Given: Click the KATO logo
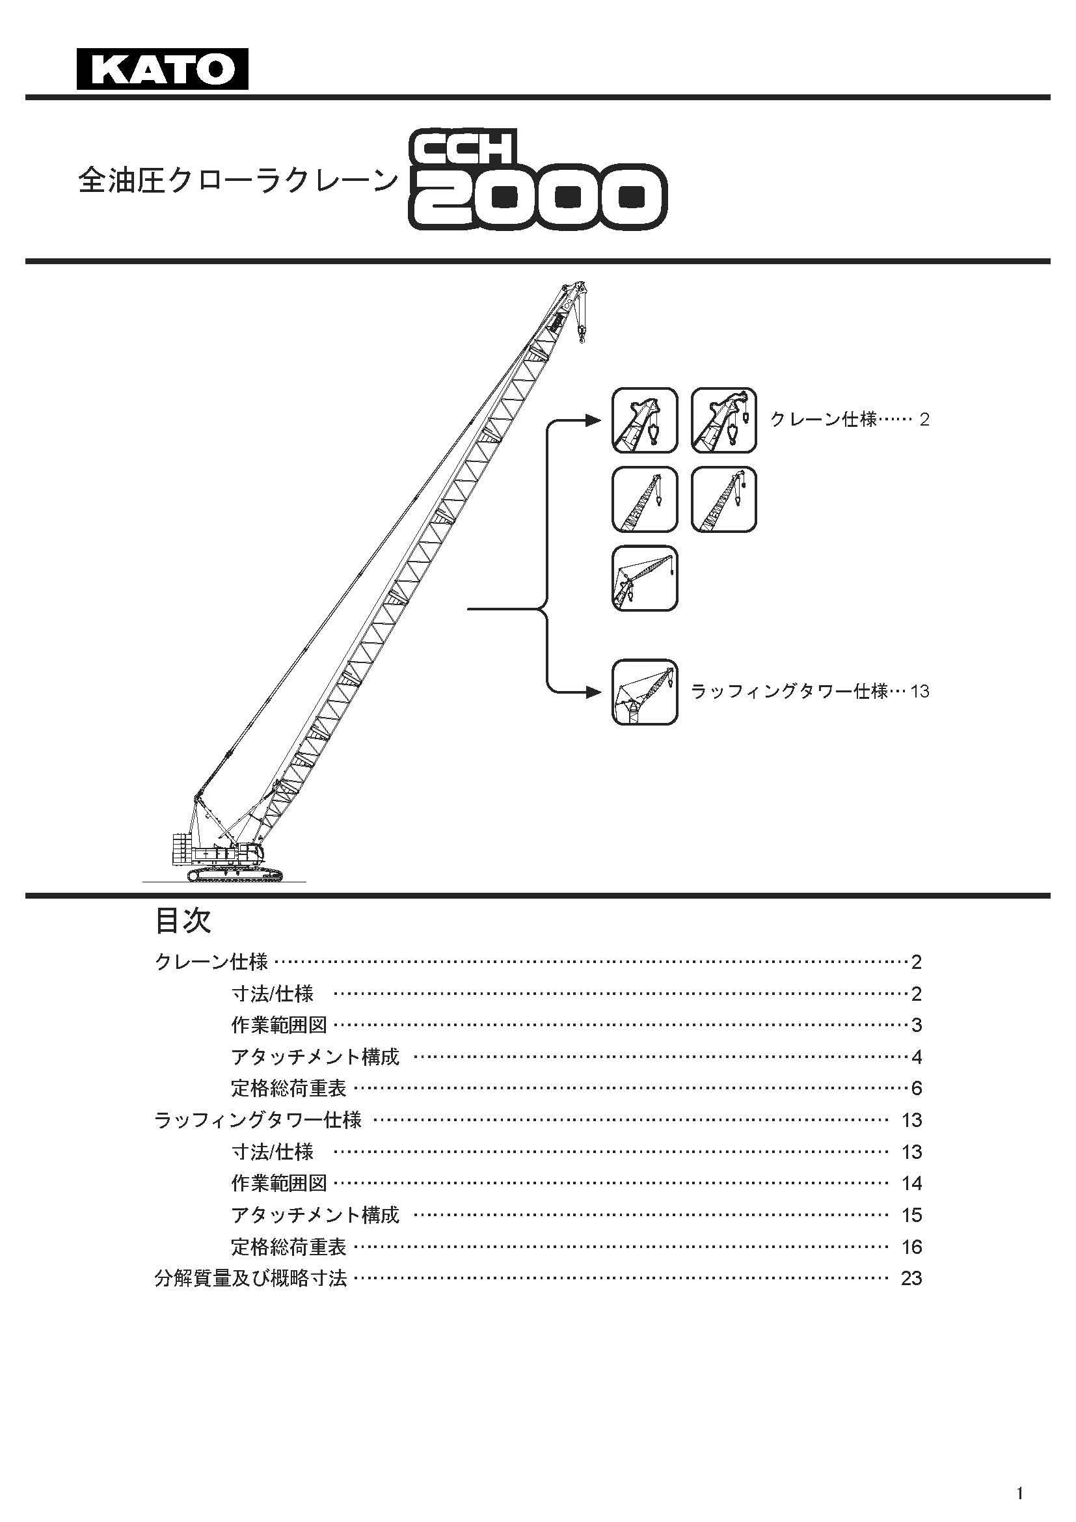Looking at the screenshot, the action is [x=163, y=68].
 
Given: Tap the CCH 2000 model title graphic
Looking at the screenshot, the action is [x=537, y=181].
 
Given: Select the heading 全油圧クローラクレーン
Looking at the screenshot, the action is [x=239, y=180].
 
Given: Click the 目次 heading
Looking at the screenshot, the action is [x=183, y=921].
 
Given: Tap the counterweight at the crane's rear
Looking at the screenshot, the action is [x=182, y=849].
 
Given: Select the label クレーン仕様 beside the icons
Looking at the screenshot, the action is [x=824, y=419].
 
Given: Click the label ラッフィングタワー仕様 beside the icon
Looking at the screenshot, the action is [x=789, y=692].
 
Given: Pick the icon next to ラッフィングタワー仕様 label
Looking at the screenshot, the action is [x=645, y=692].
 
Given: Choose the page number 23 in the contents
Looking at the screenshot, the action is [x=911, y=1278].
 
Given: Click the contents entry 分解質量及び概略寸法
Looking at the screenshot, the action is [x=250, y=1278].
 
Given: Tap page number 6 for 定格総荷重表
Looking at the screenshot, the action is [x=917, y=1088].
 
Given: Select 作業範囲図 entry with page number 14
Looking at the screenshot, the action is [x=279, y=1182].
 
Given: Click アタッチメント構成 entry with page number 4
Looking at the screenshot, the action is [x=316, y=1056].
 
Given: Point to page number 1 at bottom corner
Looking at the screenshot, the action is [x=1020, y=1488].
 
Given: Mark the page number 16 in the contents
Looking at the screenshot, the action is [x=911, y=1247].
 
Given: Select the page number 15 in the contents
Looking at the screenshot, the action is [x=911, y=1215].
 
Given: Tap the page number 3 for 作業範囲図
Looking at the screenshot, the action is [x=917, y=1025].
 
